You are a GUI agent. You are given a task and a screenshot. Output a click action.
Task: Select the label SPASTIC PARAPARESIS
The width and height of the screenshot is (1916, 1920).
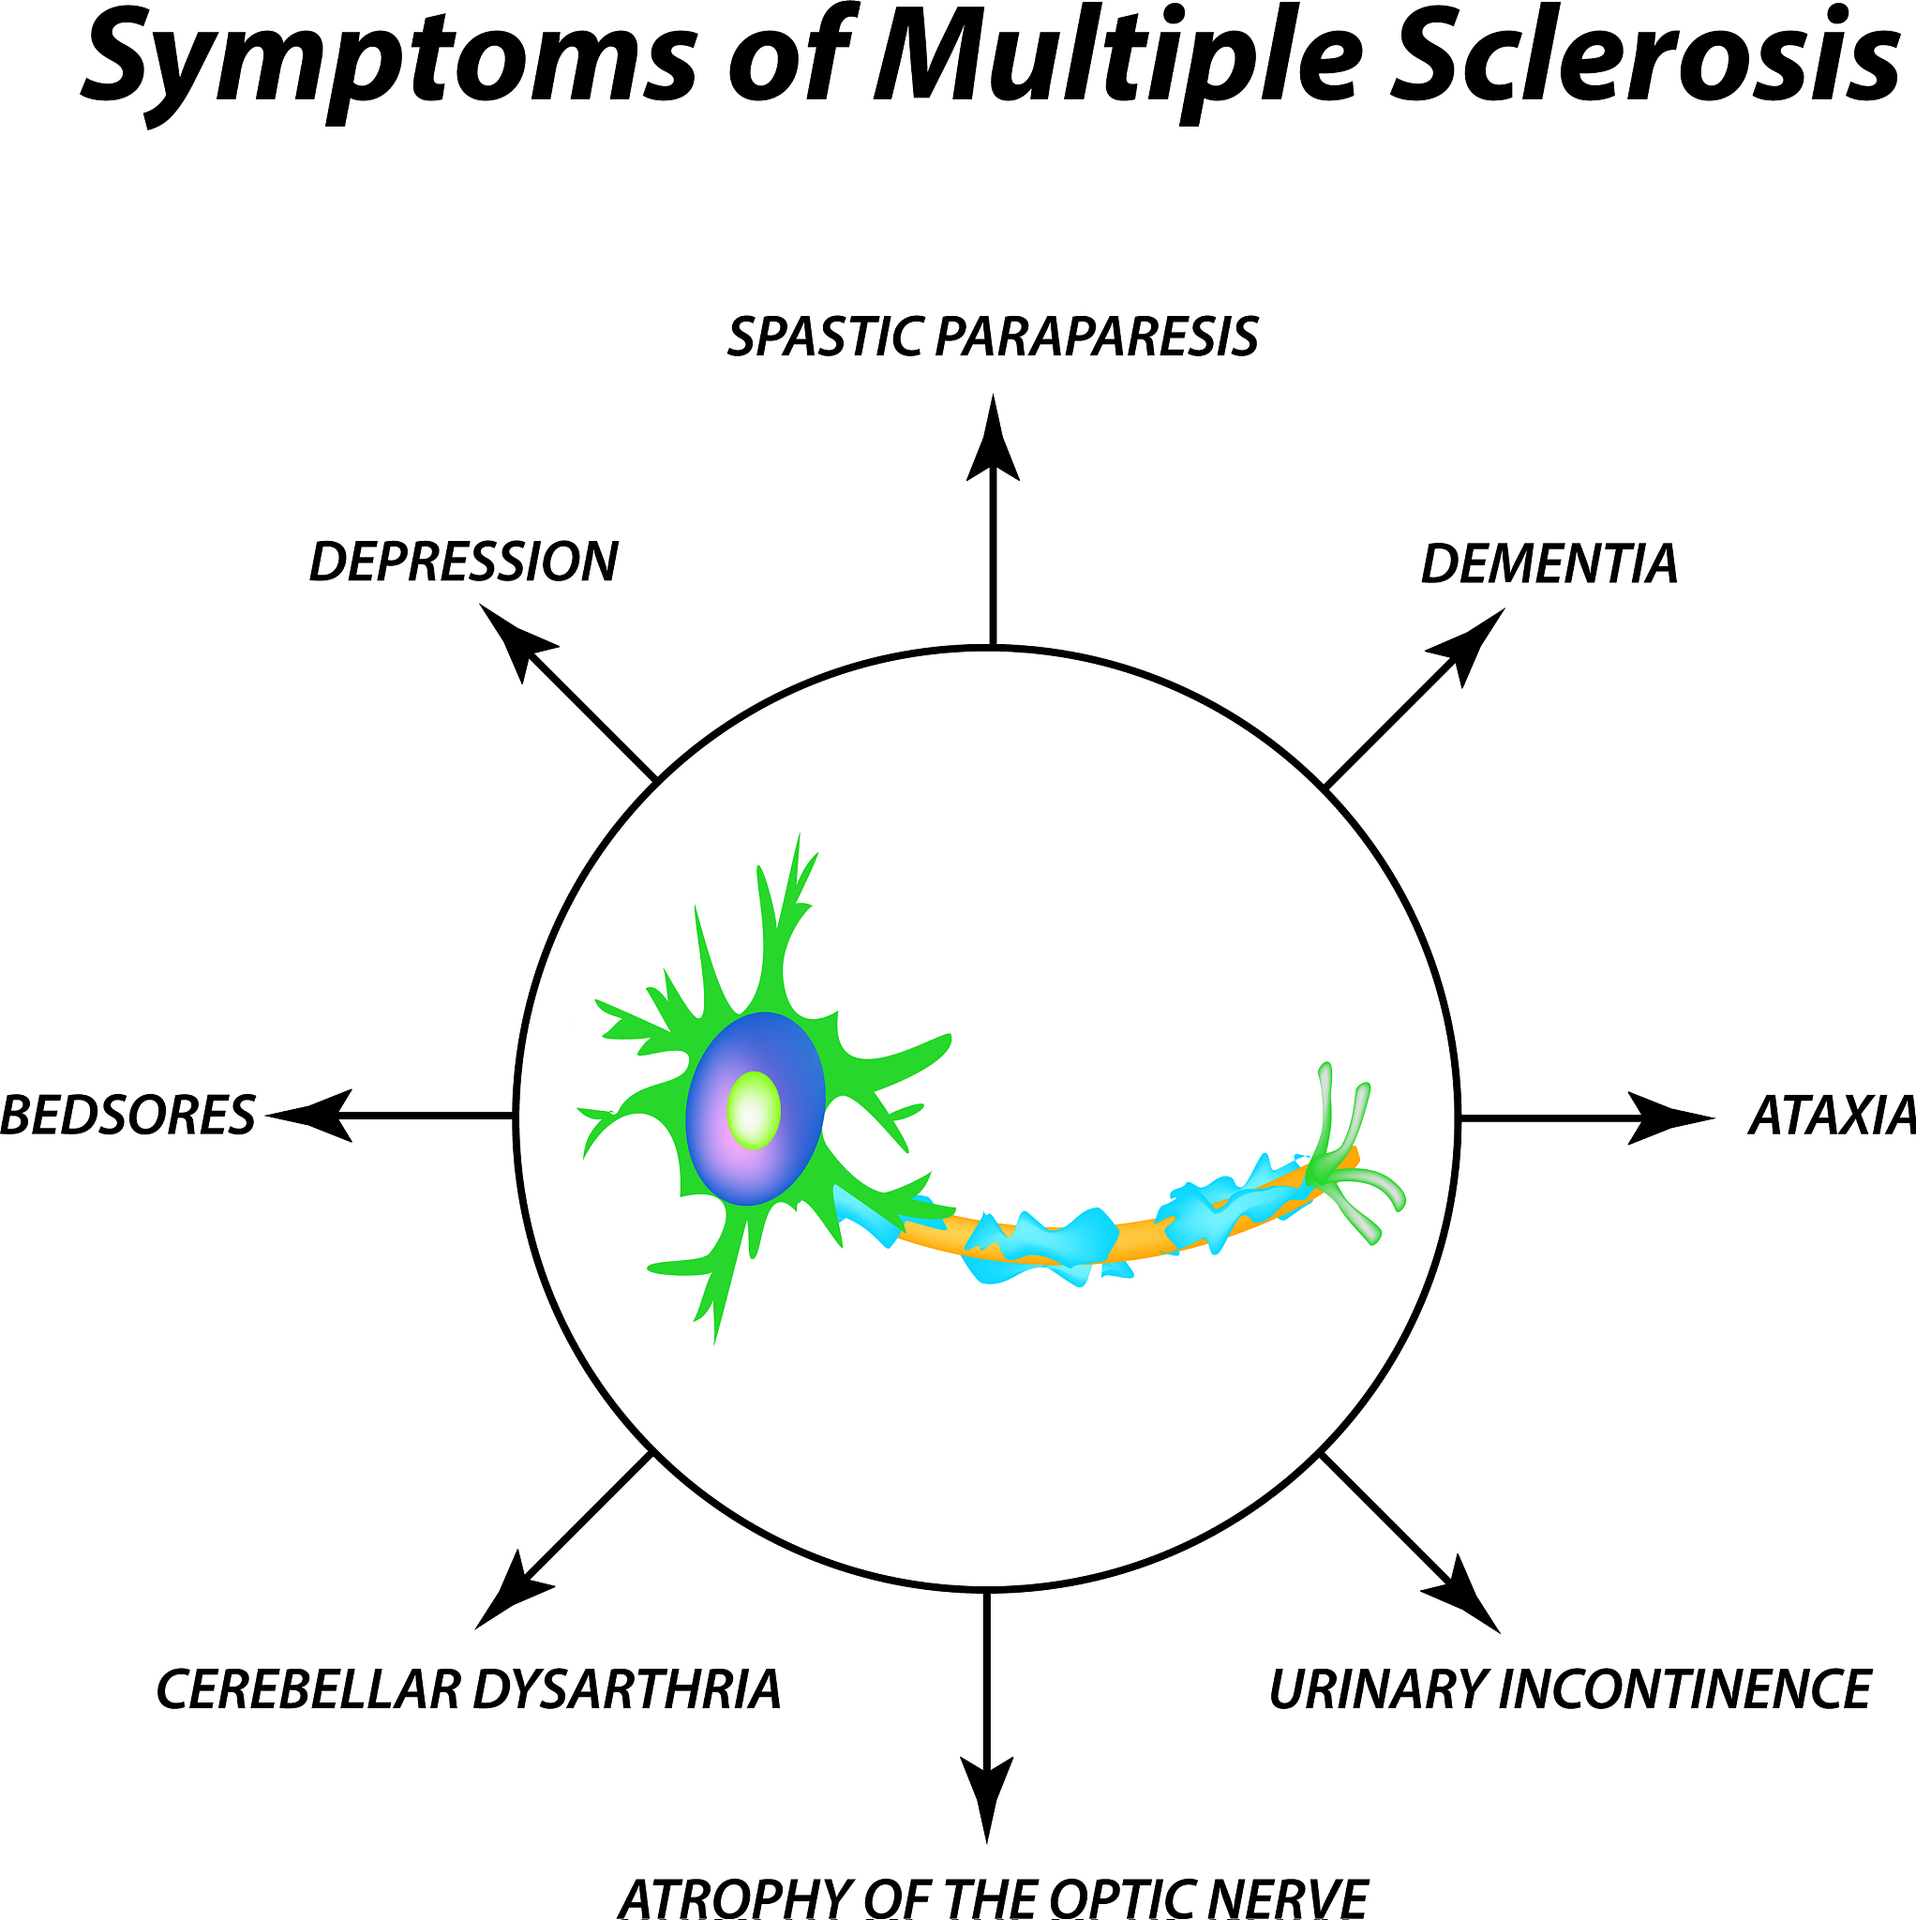(993, 337)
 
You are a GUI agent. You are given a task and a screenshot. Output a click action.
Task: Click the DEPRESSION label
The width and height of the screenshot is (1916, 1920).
(464, 562)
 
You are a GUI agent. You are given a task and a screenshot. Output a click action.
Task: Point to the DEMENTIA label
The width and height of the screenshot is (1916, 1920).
(1549, 564)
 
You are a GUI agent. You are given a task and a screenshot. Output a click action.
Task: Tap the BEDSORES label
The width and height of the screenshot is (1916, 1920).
(127, 1116)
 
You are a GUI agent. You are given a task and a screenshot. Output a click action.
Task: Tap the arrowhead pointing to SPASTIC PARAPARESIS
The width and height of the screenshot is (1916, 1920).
(993, 442)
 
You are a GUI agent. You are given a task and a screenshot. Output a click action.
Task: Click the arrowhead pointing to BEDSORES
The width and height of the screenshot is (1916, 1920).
(313, 1116)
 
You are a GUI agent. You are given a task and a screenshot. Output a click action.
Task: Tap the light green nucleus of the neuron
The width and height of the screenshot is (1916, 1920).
(754, 1110)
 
